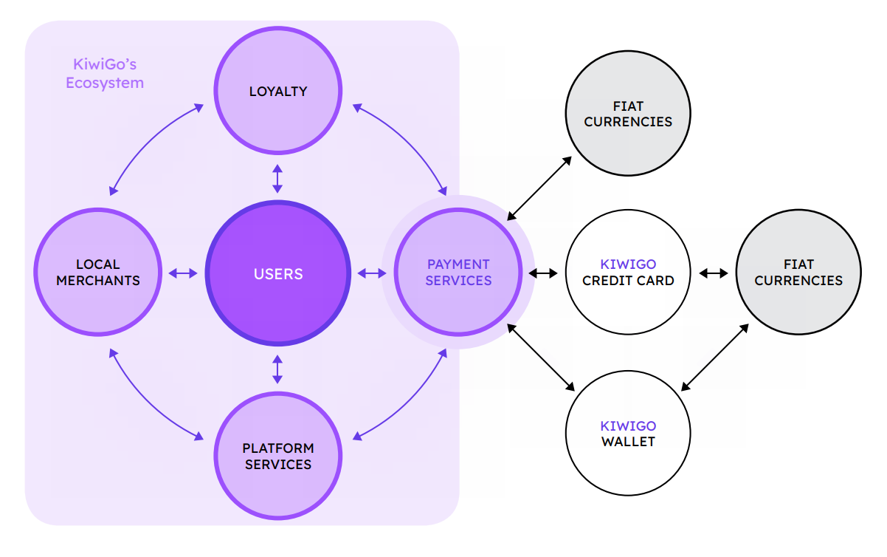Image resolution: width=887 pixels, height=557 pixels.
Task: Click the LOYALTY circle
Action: coord(278,92)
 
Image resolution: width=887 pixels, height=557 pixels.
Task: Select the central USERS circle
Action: coord(278,273)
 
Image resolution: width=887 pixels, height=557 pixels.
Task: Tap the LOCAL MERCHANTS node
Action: coord(97,273)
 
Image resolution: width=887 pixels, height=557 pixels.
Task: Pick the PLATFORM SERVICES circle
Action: coord(278,456)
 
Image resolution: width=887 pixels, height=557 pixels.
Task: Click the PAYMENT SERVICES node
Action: coord(458,273)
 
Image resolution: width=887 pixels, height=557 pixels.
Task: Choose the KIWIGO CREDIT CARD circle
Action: coord(628,273)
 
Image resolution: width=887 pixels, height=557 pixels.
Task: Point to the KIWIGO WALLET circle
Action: coord(628,434)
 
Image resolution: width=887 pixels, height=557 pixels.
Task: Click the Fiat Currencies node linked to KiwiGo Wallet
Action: coord(798,273)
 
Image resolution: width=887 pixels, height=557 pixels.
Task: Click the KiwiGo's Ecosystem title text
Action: coord(105,73)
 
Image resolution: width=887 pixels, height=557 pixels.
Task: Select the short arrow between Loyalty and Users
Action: coord(277,179)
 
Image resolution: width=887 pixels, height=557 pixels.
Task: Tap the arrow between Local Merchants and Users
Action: coord(183,273)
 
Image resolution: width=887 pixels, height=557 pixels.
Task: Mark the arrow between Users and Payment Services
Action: coord(372,273)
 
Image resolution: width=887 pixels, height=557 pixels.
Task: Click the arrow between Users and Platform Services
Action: coord(277,369)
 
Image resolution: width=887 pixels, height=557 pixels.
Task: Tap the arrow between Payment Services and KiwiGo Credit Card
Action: coord(543,273)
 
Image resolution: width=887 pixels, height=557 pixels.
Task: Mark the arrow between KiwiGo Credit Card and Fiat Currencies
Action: coord(714,273)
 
